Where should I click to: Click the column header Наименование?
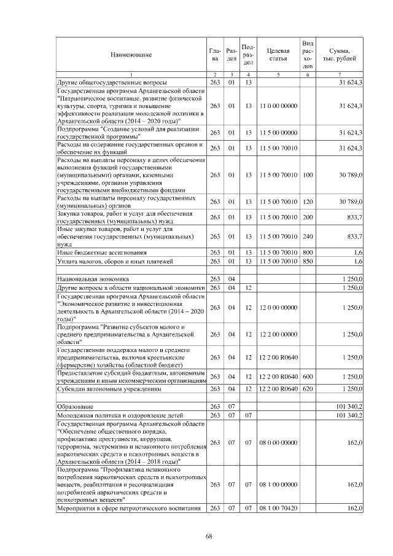[x=131, y=55]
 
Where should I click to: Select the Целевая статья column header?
[x=278, y=55]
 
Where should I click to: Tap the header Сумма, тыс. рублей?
[x=340, y=55]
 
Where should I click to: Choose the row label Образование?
[x=74, y=407]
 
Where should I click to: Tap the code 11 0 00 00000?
[x=278, y=106]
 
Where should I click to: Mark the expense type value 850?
[x=308, y=262]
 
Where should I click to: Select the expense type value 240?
[x=308, y=237]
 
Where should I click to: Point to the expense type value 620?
[x=308, y=390]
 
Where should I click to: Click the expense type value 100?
[x=308, y=175]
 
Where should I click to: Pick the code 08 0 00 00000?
[x=278, y=442]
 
